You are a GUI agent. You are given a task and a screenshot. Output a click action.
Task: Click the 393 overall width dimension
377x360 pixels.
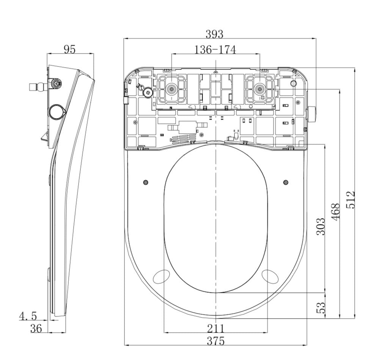(214, 34)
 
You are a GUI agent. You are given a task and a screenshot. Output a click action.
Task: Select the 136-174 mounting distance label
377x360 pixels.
(215, 50)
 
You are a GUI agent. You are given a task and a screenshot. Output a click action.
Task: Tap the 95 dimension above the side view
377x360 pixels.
(69, 49)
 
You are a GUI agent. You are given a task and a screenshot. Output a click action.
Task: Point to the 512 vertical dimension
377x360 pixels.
(351, 199)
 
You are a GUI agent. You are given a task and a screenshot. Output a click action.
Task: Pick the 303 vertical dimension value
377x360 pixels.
(321, 226)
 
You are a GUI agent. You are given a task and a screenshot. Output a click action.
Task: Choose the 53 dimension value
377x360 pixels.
(321, 307)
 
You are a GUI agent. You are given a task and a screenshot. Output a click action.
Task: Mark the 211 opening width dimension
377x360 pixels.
(215, 328)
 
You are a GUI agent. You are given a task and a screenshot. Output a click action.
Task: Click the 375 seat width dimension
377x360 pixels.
(215, 341)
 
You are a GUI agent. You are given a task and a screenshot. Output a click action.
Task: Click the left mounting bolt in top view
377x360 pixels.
(172, 89)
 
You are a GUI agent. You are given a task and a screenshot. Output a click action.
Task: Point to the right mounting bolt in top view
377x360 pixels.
(259, 89)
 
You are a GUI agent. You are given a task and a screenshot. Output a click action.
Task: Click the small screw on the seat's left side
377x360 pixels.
(146, 183)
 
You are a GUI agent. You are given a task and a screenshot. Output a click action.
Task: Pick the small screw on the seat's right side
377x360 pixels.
(286, 183)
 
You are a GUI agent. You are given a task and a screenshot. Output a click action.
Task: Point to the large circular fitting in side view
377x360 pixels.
(57, 111)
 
